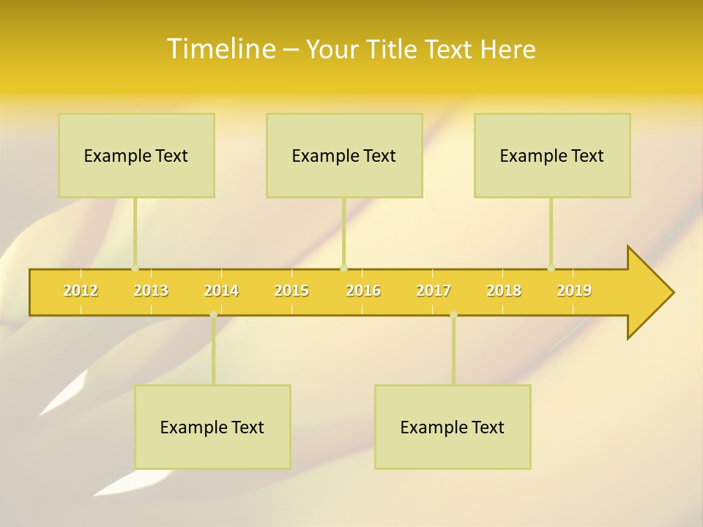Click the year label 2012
point(81,291)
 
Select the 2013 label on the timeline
point(151,291)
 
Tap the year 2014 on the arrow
point(221,291)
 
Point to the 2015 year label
point(291,291)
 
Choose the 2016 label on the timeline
point(363,291)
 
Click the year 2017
point(434,291)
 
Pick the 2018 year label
point(504,291)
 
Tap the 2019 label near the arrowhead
point(574,291)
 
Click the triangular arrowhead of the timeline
point(648,293)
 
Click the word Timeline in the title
point(220,49)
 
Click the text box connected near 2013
point(136,156)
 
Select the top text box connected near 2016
point(344,156)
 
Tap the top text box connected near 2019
point(552,156)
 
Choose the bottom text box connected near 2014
point(212,427)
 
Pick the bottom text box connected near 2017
point(453,427)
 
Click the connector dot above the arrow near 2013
point(135,268)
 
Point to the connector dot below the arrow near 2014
point(213,315)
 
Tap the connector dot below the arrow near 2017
point(453,315)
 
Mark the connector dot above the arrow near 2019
point(551,268)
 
